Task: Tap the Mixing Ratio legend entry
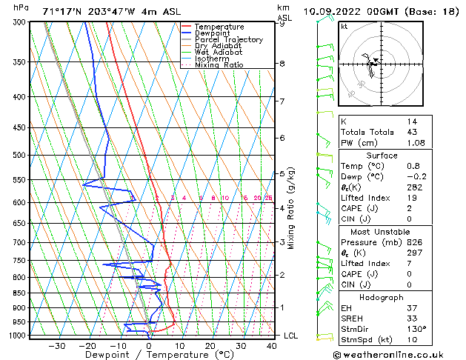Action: coord(222,64)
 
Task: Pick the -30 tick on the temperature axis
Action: coord(56,346)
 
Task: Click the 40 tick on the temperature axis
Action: coord(271,346)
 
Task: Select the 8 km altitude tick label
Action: coord(282,64)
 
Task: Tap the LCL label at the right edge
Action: coord(292,336)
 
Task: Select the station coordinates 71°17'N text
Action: coord(64,11)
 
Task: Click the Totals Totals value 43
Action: coord(412,132)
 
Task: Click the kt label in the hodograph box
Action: coord(344,26)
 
